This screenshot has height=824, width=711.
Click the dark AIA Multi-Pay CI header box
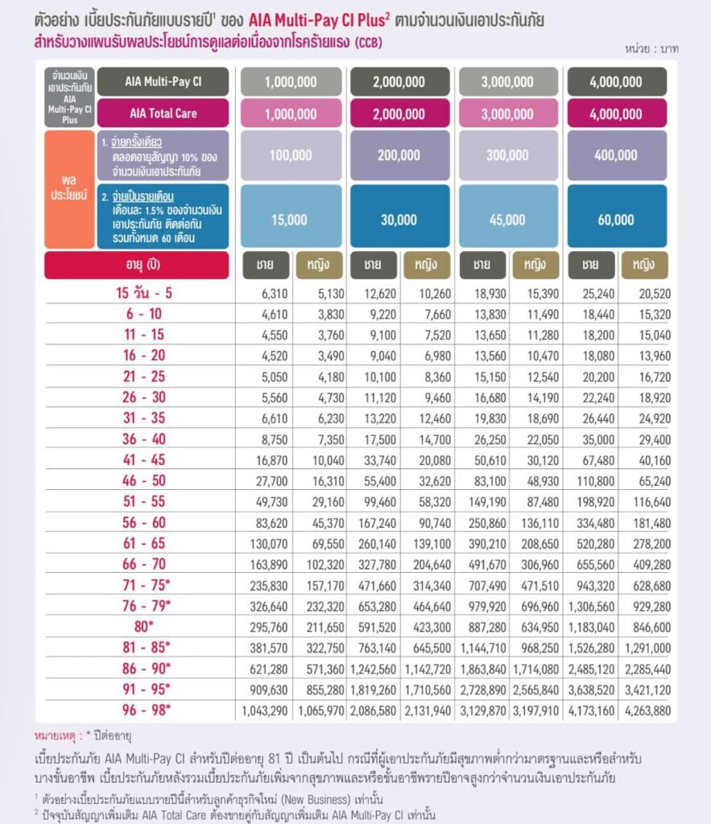(x=163, y=81)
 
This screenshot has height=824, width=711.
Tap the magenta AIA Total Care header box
(x=163, y=113)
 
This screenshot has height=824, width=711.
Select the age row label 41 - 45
(x=144, y=459)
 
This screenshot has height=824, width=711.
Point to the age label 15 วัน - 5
(x=144, y=293)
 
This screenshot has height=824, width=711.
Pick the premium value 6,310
(x=275, y=294)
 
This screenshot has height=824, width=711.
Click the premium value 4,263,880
(x=648, y=711)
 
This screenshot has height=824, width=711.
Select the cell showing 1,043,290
(x=265, y=711)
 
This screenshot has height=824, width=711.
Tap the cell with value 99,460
(x=380, y=502)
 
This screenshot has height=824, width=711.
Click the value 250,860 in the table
(x=487, y=523)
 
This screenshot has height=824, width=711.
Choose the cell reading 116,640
(x=652, y=502)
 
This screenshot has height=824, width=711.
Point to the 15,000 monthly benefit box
(x=291, y=216)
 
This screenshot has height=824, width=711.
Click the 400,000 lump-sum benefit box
(x=617, y=155)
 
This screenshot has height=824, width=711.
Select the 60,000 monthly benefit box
(x=617, y=216)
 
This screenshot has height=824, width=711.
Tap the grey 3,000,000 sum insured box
(x=508, y=81)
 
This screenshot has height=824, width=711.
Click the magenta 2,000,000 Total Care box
(x=399, y=113)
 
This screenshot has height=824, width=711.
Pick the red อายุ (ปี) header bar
(x=137, y=265)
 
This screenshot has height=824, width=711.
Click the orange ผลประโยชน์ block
(x=69, y=189)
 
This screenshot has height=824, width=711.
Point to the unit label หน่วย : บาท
(x=651, y=49)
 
